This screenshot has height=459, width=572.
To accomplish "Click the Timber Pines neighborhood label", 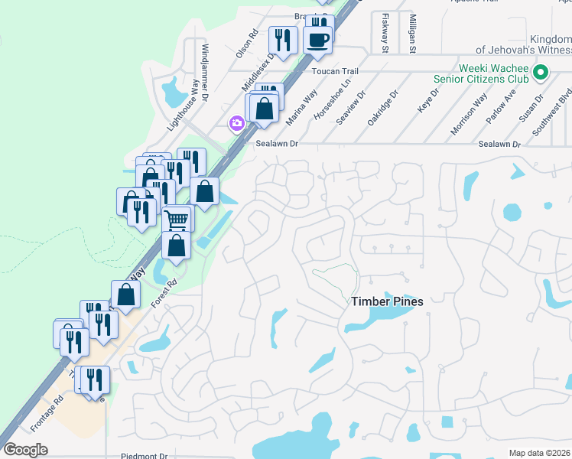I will point(387,301).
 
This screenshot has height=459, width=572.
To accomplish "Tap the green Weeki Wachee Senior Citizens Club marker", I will point(541,73).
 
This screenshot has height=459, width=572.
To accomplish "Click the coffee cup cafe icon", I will point(318,40).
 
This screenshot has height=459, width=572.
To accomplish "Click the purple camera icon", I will point(236,123).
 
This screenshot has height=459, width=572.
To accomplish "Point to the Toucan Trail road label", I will point(335,70).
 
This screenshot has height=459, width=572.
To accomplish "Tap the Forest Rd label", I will point(163,293).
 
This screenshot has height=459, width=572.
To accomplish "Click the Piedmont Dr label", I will point(144,456).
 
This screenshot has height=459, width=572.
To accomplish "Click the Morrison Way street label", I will point(469,114).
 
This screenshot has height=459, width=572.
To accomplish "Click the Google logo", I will point(25,450).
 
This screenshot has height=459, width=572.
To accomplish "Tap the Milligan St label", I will point(412,34).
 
